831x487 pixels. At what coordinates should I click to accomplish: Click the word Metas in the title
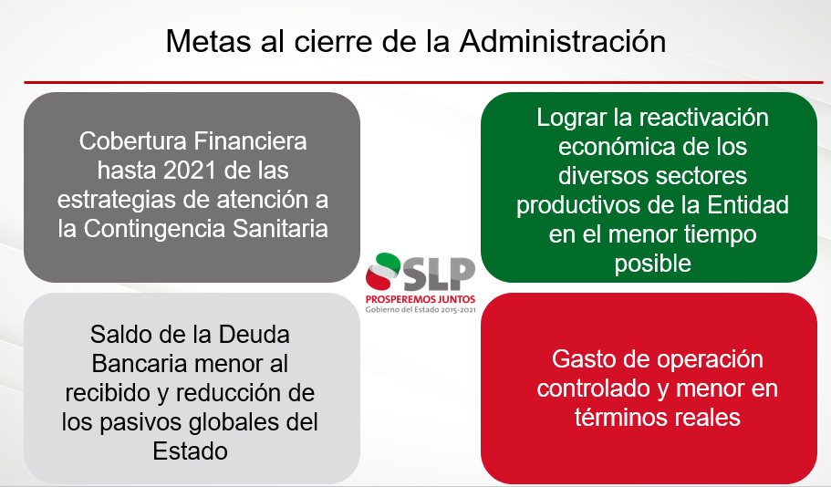click(208, 41)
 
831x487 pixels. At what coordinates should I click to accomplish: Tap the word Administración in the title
click(563, 41)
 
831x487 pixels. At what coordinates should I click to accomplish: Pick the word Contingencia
click(155, 230)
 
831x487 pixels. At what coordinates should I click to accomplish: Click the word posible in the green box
click(653, 264)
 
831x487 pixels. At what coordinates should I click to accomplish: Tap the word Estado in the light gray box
click(191, 451)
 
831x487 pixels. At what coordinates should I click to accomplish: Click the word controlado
click(594, 389)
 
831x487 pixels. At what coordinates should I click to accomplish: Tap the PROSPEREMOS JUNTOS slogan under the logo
click(421, 299)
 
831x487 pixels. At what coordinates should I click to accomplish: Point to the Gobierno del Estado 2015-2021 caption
click(421, 310)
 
